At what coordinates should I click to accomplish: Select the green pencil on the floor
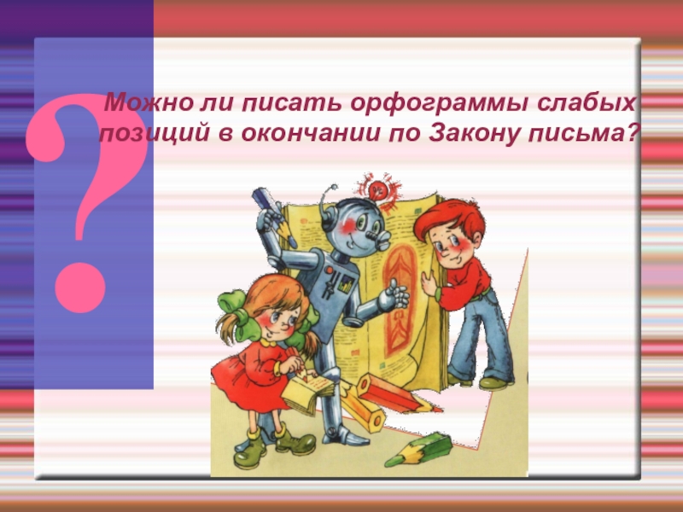[x=418, y=449]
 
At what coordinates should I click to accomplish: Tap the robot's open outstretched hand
[x=394, y=298]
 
